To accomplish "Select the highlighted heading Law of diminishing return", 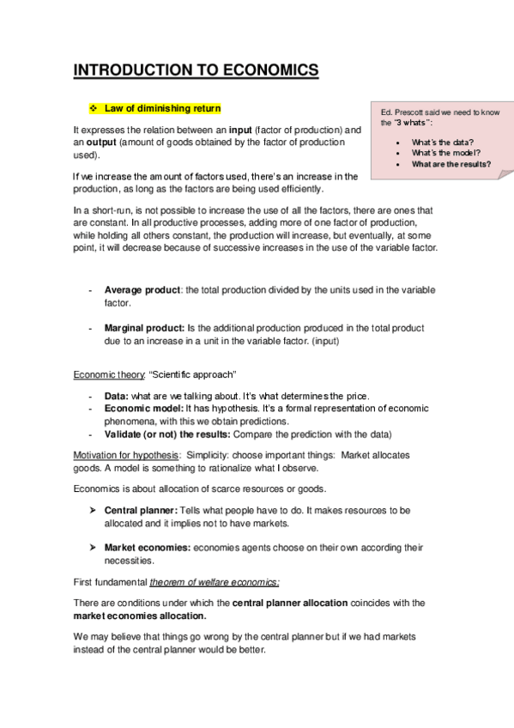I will (162, 109).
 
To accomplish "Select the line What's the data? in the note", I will (443, 142).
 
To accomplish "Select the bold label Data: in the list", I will (117, 396).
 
